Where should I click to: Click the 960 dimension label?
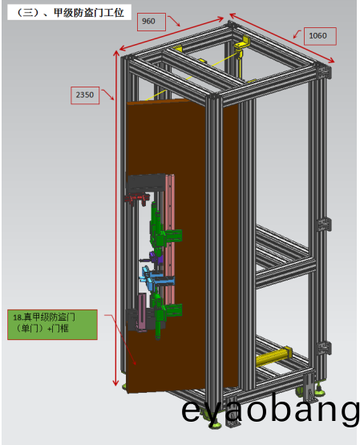pyautogui.click(x=148, y=22)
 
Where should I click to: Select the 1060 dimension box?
pyautogui.click(x=320, y=36)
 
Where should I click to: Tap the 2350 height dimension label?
pyautogui.click(x=84, y=95)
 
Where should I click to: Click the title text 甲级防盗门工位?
pyautogui.click(x=89, y=13)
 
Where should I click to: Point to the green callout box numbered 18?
pyautogui.click(x=52, y=325)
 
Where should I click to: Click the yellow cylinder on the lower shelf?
pyautogui.click(x=274, y=357)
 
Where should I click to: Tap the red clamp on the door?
pyautogui.click(x=137, y=198)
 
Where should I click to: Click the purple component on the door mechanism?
pyautogui.click(x=156, y=258)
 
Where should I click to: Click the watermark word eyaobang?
pyautogui.click(x=270, y=410)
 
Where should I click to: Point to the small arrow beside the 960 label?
pyautogui.click(x=174, y=21)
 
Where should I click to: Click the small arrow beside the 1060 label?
pyautogui.click(x=297, y=34)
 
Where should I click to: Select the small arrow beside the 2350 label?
pyautogui.click(x=108, y=95)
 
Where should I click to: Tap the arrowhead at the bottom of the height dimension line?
pyautogui.click(x=115, y=382)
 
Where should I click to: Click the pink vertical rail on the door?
pyautogui.click(x=169, y=238)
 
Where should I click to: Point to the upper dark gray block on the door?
pyautogui.click(x=146, y=182)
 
